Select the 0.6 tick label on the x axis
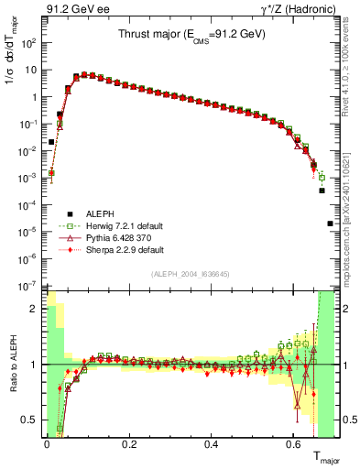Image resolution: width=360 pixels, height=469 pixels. click(x=294, y=444)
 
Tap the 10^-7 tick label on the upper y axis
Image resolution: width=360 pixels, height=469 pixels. click(x=29, y=286)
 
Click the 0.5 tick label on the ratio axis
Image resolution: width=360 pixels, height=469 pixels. click(x=31, y=420)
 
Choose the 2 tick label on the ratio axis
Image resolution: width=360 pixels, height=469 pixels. click(x=35, y=309)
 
